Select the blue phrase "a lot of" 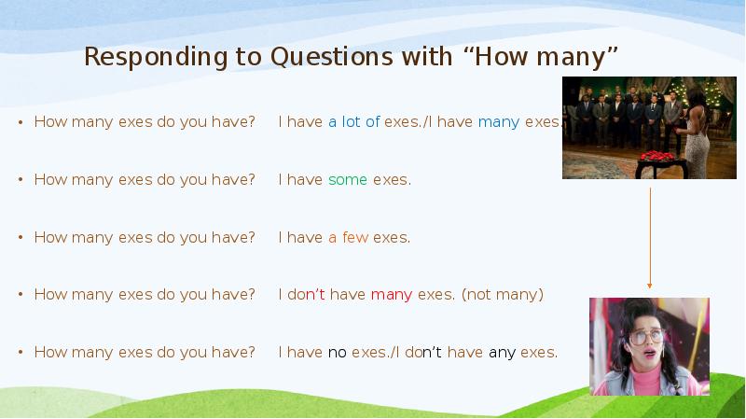pyautogui.click(x=353, y=122)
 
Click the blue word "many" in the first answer pyautogui.click(x=499, y=122)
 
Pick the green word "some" pyautogui.click(x=348, y=179)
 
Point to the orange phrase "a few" pyautogui.click(x=348, y=237)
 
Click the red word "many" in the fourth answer pyautogui.click(x=392, y=295)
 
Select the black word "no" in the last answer pyautogui.click(x=337, y=352)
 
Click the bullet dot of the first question pyautogui.click(x=21, y=123)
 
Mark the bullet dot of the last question pyautogui.click(x=21, y=353)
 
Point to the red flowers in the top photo pyautogui.click(x=658, y=154)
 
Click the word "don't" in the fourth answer pyautogui.click(x=306, y=295)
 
